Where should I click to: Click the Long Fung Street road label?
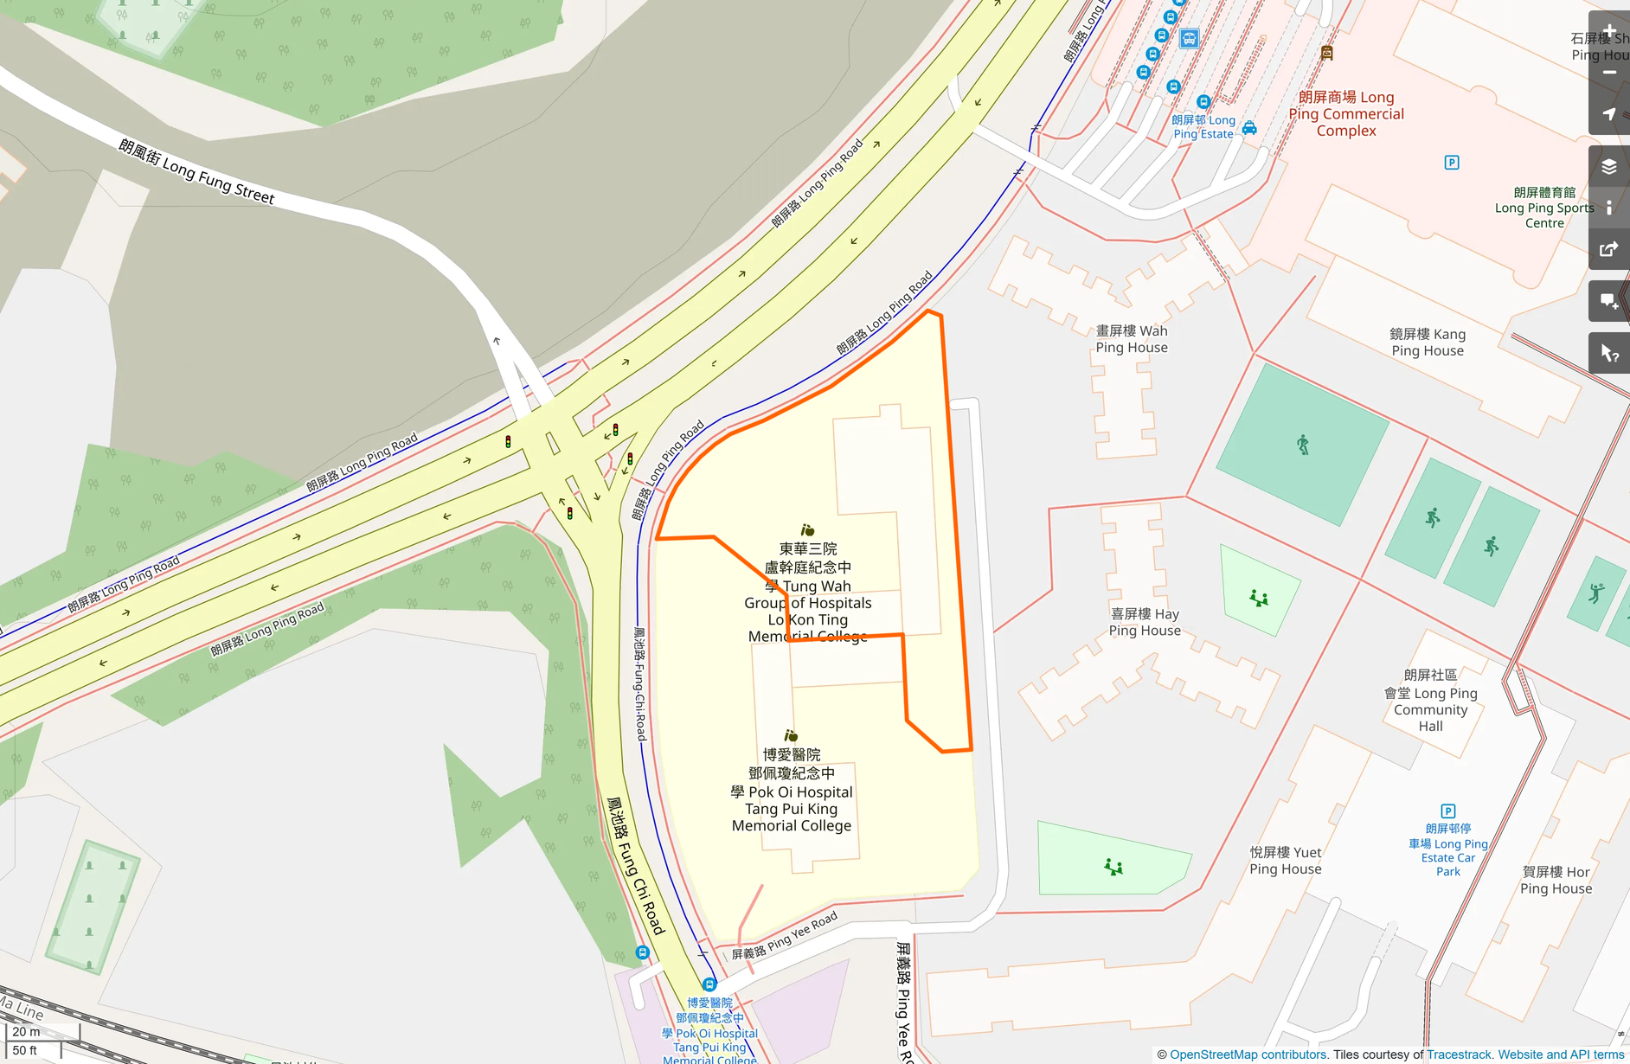tap(196, 172)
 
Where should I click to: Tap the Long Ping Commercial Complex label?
tap(1345, 114)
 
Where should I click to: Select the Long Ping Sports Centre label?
tap(1544, 208)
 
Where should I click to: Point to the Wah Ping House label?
tap(1131, 339)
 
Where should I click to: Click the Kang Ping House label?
tap(1427, 342)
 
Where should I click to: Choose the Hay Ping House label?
tap(1144, 622)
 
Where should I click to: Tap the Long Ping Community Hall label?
tap(1430, 701)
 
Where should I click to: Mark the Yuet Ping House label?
tap(1285, 861)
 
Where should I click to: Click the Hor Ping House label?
tap(1556, 880)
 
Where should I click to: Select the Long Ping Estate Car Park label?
tap(1447, 850)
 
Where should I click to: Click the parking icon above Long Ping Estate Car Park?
tap(1447, 811)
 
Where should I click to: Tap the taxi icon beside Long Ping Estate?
tap(1249, 128)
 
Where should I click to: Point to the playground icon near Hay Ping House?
tap(1259, 598)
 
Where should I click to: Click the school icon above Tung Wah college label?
tap(807, 529)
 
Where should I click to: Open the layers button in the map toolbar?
tap(1609, 167)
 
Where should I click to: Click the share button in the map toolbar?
tap(1609, 250)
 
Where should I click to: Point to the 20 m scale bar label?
tap(26, 1031)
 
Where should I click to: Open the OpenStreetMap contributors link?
tap(1248, 1054)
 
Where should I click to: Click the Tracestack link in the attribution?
tap(1459, 1054)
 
